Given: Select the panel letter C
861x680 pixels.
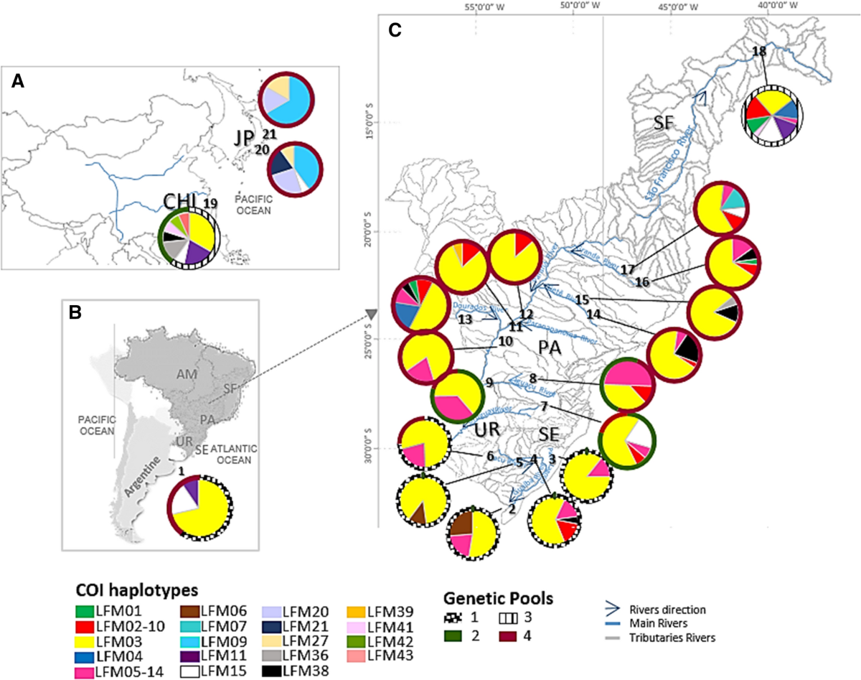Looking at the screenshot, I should pyautogui.click(x=394, y=30).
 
